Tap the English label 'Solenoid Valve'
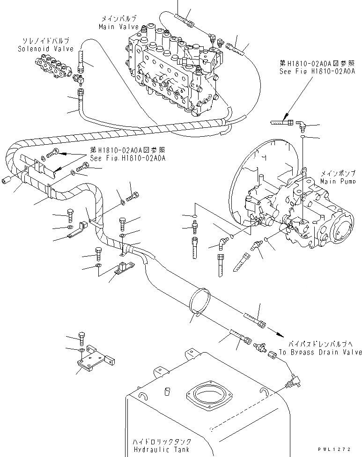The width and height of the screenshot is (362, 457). [40, 48]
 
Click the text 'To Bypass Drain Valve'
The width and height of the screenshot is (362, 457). [320, 352]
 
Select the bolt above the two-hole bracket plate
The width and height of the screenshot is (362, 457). [82, 337]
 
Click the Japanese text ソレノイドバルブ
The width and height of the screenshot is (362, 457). [40, 41]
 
